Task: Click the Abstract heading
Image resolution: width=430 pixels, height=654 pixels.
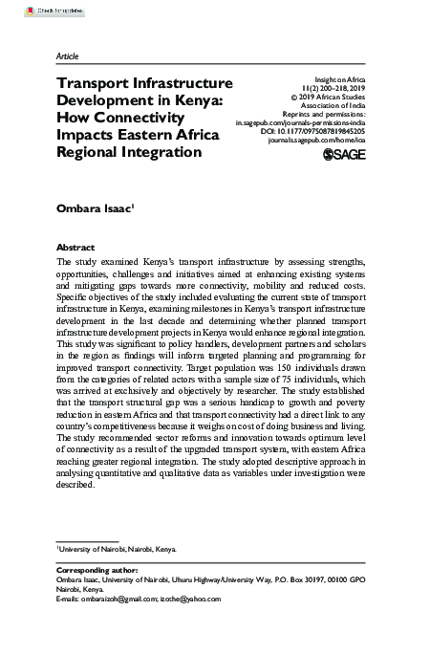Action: click(75, 246)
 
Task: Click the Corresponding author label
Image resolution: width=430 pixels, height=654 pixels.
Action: click(97, 569)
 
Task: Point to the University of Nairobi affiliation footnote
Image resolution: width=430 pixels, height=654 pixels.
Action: click(118, 550)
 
